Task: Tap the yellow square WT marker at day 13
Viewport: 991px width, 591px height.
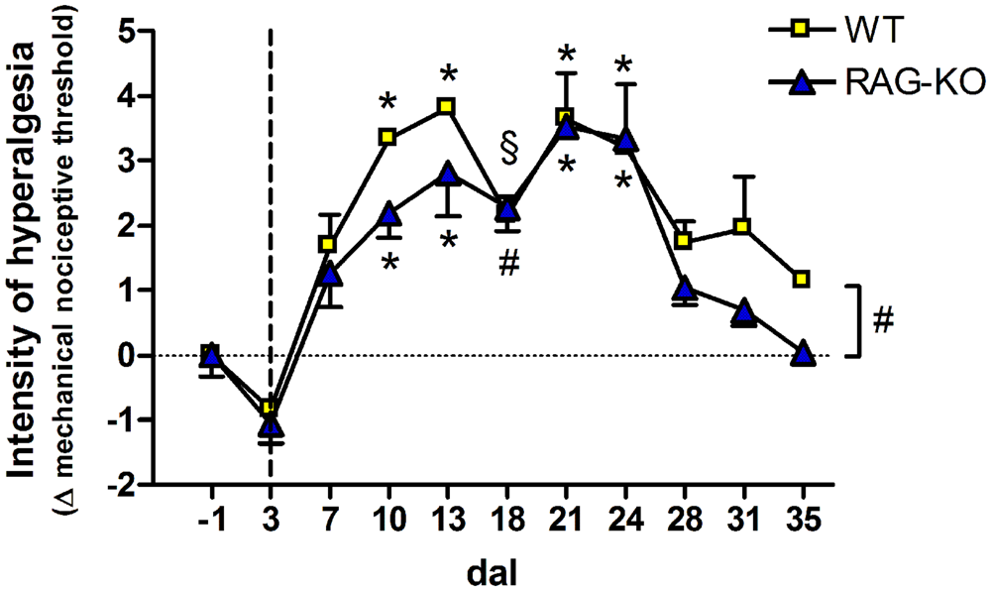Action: pyautogui.click(x=447, y=106)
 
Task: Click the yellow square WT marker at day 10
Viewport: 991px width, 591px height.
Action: pyautogui.click(x=387, y=138)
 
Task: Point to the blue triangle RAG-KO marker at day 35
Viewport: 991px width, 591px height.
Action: pyautogui.click(x=803, y=354)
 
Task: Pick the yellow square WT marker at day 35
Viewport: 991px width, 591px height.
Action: pyautogui.click(x=802, y=280)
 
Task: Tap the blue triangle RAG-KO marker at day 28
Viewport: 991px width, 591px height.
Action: pyautogui.click(x=684, y=289)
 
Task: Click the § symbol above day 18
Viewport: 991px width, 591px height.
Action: pyautogui.click(x=508, y=149)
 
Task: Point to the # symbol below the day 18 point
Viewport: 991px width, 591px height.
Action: pyautogui.click(x=507, y=266)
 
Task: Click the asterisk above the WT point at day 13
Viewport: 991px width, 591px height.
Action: pyautogui.click(x=448, y=74)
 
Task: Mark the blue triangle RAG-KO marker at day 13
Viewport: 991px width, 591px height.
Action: pyautogui.click(x=447, y=175)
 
